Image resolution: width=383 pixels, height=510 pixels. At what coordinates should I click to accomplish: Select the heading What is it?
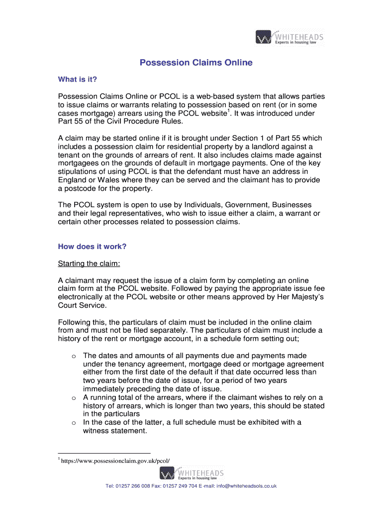[x=77, y=79]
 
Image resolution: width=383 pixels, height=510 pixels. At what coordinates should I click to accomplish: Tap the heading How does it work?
[x=92, y=246]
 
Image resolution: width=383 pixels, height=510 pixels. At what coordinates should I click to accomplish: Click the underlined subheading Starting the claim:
[x=89, y=263]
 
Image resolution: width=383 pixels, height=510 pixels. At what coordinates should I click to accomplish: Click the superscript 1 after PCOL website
[x=228, y=111]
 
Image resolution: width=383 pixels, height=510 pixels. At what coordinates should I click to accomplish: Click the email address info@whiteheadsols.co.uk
[x=246, y=486]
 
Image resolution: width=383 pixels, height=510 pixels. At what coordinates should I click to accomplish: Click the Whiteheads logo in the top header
[x=289, y=38]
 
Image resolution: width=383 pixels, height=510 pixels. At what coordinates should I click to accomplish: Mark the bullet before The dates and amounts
[x=73, y=356]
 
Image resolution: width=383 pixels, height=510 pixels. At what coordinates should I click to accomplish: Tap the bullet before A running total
[x=73, y=398]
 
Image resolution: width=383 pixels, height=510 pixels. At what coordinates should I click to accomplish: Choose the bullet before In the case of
[x=73, y=423]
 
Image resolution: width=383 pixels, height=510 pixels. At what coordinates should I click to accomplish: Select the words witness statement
[x=115, y=431]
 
